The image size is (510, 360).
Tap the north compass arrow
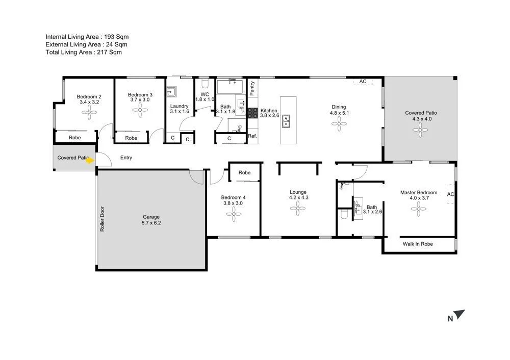(x=460, y=315)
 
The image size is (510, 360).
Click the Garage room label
(x=151, y=217)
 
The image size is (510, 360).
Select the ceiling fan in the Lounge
(x=298, y=207)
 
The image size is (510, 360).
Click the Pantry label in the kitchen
(x=252, y=88)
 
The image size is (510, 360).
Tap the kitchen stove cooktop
(x=252, y=113)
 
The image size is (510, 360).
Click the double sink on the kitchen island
(x=287, y=121)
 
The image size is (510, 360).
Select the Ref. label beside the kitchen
(x=252, y=136)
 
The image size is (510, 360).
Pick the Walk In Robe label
(x=418, y=244)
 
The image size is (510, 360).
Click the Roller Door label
(x=102, y=219)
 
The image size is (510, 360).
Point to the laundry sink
(x=171, y=92)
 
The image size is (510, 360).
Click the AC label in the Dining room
(x=363, y=82)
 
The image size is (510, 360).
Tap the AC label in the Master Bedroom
(x=450, y=194)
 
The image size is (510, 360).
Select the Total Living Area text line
(x=84, y=52)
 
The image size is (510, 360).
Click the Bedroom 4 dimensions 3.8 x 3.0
(x=233, y=203)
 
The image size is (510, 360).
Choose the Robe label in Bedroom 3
(x=131, y=138)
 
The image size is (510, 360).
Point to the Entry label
(x=126, y=158)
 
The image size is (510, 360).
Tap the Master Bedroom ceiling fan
(x=418, y=209)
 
